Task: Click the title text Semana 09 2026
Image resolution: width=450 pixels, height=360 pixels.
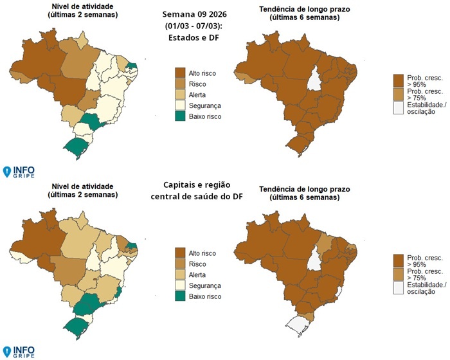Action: click(x=198, y=14)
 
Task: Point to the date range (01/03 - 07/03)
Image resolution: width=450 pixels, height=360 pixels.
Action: click(x=198, y=26)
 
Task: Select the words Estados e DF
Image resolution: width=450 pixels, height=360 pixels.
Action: click(x=198, y=37)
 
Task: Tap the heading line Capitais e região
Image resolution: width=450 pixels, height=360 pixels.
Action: click(x=199, y=184)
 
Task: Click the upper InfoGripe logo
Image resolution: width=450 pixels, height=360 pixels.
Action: click(x=19, y=172)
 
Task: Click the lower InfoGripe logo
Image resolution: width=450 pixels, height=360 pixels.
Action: click(x=19, y=352)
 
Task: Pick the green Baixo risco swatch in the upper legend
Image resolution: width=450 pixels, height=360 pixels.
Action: click(x=181, y=117)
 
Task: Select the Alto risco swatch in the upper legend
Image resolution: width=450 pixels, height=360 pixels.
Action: click(x=181, y=73)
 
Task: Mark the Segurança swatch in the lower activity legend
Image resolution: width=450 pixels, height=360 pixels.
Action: click(x=181, y=285)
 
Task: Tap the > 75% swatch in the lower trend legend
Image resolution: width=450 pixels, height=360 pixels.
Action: click(x=399, y=273)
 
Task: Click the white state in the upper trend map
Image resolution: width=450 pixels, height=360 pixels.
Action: click(x=314, y=81)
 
